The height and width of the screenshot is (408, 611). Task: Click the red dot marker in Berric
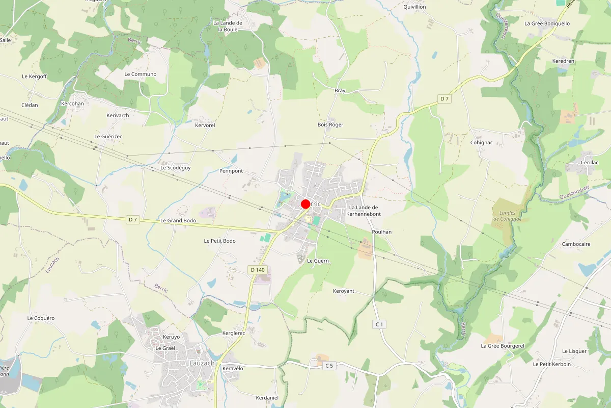tap(305, 204)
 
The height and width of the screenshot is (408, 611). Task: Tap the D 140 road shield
tap(258, 269)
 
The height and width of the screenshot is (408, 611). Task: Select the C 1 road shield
tap(379, 324)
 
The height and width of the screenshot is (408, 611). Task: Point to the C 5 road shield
tap(329, 365)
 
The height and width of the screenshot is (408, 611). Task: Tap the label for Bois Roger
tap(330, 124)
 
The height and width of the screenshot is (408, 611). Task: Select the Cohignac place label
tap(481, 142)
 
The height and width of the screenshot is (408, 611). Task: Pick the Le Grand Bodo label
tap(178, 220)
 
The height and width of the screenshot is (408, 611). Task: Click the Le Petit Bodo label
tap(219, 241)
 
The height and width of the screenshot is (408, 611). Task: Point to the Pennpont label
tap(231, 171)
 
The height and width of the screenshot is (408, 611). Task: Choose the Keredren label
tap(563, 61)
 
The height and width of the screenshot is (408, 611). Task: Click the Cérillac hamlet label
tap(590, 162)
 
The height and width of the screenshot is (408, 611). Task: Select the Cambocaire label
tap(576, 244)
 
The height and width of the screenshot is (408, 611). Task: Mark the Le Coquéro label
tap(41, 318)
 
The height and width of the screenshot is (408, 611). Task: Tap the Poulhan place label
tap(382, 232)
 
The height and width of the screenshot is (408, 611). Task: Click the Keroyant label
tap(343, 291)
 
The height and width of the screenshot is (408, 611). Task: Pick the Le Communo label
tap(140, 74)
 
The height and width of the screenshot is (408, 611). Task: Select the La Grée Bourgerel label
tap(503, 346)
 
